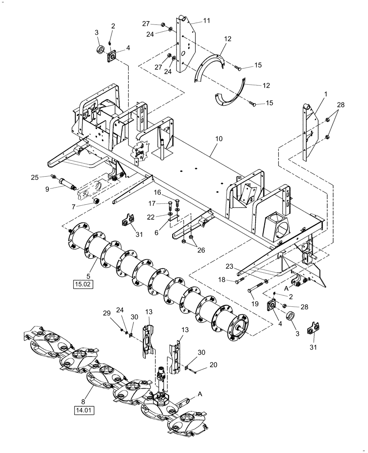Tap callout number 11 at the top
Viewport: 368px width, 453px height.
point(207,21)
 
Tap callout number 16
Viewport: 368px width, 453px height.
point(157,193)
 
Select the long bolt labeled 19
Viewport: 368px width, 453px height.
point(257,287)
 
